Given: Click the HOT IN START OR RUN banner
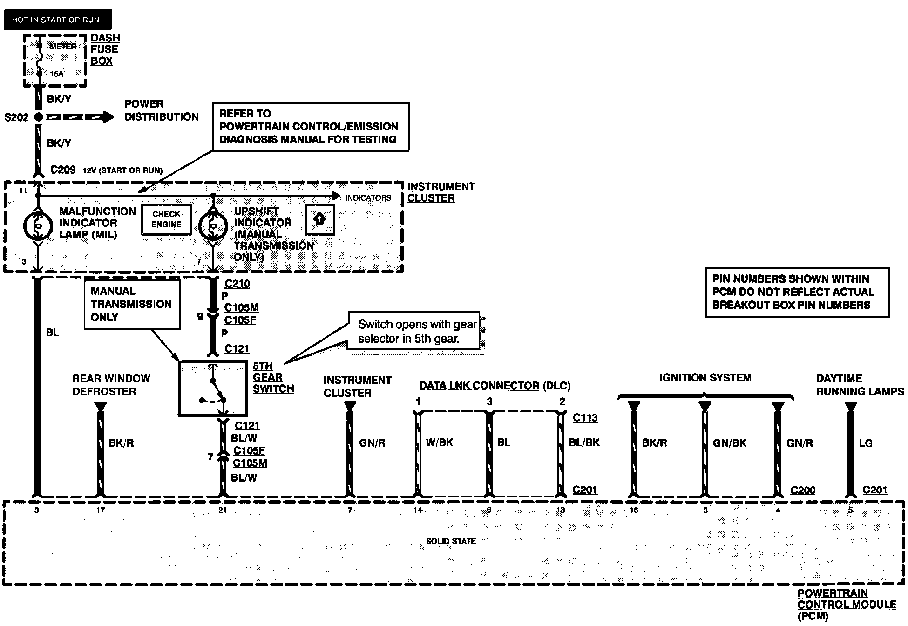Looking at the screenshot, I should [57, 20].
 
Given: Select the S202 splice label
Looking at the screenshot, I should [16, 117].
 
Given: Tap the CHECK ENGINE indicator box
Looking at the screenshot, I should [166, 219].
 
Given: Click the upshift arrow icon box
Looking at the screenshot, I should [320, 219].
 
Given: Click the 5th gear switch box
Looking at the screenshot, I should [213, 388].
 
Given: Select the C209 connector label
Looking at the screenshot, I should [63, 170].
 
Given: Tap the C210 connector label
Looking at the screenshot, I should [237, 284].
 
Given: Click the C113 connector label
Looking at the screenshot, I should [585, 418].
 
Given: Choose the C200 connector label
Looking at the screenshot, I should [803, 490].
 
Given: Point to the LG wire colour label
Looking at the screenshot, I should [865, 443].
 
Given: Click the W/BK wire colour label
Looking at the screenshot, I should [440, 442].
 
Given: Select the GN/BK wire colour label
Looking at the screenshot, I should [730, 443].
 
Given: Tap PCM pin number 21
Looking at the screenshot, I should [223, 510].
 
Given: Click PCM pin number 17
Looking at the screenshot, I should [101, 510].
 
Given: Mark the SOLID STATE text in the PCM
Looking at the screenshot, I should [451, 541].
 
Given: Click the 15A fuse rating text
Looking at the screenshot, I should [57, 74].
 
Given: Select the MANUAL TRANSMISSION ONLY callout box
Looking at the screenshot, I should [132, 305].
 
